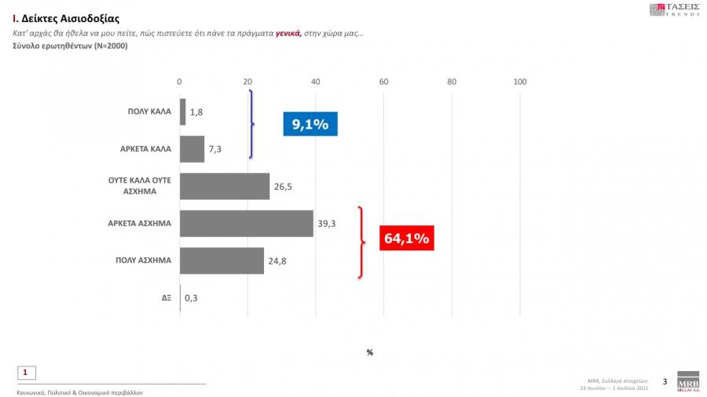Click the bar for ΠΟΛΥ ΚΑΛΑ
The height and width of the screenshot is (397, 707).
(183, 111)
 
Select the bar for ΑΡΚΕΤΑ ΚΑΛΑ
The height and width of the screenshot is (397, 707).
(192, 149)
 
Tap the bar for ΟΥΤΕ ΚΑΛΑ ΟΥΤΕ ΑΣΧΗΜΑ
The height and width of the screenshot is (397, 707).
(225, 186)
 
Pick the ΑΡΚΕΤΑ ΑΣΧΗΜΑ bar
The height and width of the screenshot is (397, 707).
(247, 224)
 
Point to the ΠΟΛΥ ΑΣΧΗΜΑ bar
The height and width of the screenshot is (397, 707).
(222, 260)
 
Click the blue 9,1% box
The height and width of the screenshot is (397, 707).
(310, 124)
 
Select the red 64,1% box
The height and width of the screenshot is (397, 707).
(406, 238)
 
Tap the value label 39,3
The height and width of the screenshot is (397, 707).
(327, 224)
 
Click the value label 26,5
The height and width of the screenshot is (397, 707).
(283, 187)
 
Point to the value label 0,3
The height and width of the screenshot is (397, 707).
(190, 298)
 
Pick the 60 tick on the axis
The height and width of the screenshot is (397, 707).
(383, 82)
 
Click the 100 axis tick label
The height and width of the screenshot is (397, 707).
(519, 82)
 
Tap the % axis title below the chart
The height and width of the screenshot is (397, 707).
(369, 352)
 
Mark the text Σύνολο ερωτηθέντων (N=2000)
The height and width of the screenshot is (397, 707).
(70, 46)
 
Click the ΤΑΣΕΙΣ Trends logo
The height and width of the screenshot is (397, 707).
(673, 9)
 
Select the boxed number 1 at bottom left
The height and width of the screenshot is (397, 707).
(26, 373)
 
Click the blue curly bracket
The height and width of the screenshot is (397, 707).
(252, 124)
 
